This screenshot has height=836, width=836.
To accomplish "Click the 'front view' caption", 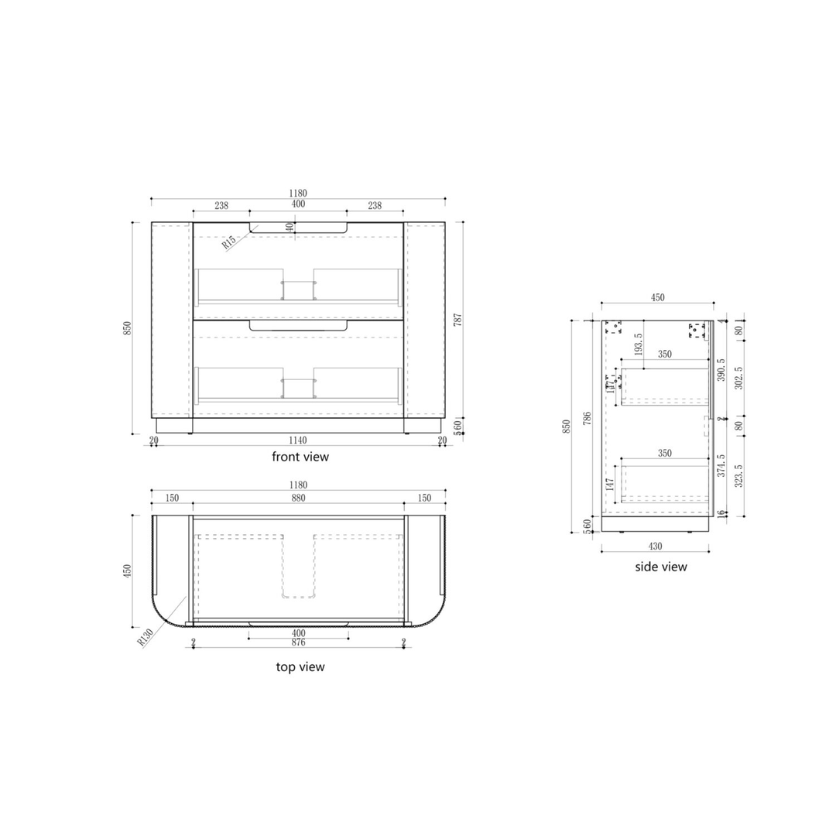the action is (x=300, y=457).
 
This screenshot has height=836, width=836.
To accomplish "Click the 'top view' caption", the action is (x=300, y=666).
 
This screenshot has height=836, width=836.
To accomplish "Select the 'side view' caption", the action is (x=660, y=567).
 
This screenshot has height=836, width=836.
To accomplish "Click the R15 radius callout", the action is (x=229, y=242).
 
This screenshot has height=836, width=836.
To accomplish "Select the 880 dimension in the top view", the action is (x=298, y=499).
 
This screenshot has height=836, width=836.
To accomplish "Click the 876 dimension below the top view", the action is (x=298, y=642).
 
